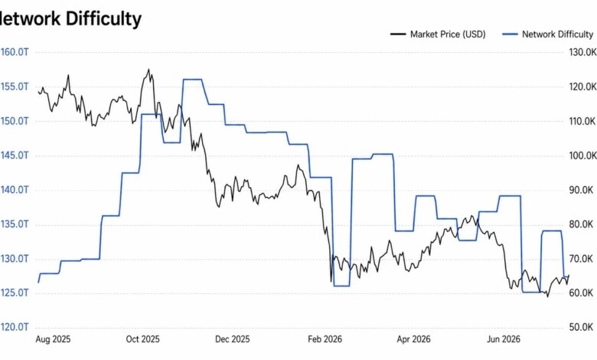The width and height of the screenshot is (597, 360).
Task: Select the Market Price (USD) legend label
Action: point(448,34)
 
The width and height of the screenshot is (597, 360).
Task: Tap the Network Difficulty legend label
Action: point(557,34)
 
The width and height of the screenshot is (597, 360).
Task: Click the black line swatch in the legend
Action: point(398,34)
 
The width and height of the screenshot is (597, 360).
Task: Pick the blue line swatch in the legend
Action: point(511,34)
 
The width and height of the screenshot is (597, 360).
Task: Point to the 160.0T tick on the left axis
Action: point(14,52)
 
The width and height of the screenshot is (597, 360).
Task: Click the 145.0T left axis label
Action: point(14,155)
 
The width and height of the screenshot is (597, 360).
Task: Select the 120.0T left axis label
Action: point(14,327)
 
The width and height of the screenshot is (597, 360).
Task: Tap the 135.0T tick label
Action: point(14,224)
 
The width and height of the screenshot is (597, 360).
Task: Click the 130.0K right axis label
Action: point(583,52)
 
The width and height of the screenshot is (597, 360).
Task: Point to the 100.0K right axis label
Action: point(583,155)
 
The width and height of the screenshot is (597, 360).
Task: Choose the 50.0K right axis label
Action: point(581,327)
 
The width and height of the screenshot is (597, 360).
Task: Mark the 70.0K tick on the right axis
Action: point(581,259)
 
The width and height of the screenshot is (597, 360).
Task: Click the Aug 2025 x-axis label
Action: point(53,339)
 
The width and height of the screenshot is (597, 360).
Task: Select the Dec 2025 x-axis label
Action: point(232,339)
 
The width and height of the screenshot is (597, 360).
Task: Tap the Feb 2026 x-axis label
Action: point(325,339)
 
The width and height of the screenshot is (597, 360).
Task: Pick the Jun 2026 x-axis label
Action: point(504,339)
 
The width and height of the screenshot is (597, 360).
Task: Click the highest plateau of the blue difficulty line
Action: point(192,80)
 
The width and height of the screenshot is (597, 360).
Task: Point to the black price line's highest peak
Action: point(148,70)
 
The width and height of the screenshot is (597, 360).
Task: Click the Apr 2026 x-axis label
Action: point(413,339)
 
